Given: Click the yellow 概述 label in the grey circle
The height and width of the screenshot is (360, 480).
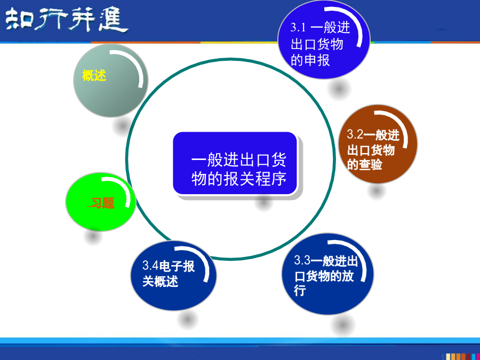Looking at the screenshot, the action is point(94,75).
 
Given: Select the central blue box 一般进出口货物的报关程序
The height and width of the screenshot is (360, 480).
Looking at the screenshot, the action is point(235,163).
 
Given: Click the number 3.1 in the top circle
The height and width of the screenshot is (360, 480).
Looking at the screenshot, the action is point(298,28).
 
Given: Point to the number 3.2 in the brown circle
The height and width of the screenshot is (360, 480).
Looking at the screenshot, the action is point(355,134).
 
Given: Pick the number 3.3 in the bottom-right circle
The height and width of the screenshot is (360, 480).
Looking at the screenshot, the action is point(302,260).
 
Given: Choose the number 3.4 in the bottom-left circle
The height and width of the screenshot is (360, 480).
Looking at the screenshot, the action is point(150,266).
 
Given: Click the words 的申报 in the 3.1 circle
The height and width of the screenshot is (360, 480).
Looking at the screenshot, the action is point(310,60).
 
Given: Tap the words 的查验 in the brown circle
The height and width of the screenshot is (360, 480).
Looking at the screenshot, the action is point(365,164).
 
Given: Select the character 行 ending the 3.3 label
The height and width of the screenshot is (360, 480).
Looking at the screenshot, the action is point(300,290).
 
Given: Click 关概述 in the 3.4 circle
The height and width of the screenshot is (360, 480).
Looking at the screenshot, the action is point(160,281).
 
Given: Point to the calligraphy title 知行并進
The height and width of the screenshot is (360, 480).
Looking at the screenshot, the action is point(67,20).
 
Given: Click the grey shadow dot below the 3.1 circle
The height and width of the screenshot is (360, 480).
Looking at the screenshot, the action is point(339,89).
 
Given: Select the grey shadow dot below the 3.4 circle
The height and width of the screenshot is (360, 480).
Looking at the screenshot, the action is point(187,319).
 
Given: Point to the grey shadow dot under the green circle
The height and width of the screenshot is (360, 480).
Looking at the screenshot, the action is point(93,236).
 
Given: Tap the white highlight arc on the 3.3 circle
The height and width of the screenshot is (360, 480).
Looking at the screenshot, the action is point(359,254).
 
